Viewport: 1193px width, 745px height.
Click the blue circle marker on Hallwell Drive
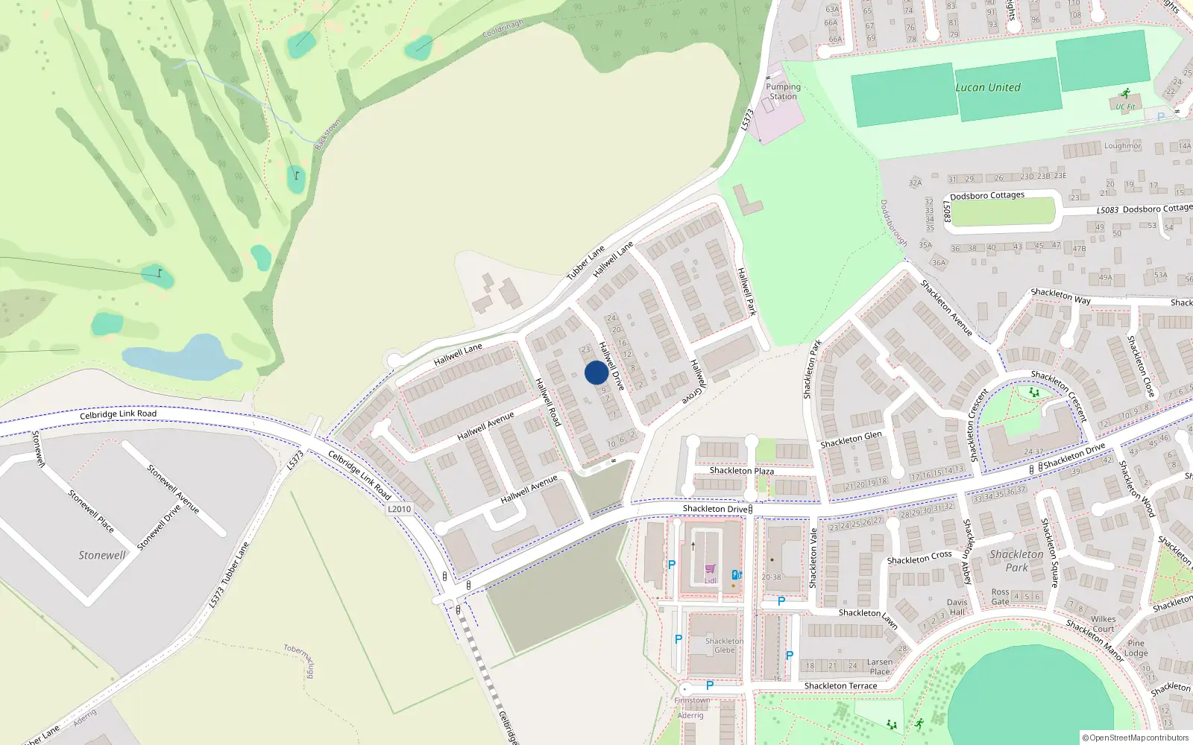(596, 372)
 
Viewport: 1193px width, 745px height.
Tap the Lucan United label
(988, 87)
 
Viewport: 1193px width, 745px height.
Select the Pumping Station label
(783, 92)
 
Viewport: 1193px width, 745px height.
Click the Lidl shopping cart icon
(710, 569)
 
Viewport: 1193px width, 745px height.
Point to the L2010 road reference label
(400, 509)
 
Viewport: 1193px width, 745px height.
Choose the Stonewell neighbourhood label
(102, 555)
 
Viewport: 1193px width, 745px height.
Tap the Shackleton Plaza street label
(741, 471)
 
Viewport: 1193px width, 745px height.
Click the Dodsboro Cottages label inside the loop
(987, 196)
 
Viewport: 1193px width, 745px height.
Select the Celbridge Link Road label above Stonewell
(119, 414)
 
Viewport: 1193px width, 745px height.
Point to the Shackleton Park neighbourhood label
(1016, 560)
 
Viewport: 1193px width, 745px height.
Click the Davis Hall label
(957, 607)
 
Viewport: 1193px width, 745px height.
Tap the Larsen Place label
(880, 666)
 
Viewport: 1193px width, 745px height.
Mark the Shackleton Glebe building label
(724, 645)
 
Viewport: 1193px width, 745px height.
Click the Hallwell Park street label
(746, 291)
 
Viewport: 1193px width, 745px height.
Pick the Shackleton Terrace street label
(840, 686)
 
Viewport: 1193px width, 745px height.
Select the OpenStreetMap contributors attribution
(1135, 738)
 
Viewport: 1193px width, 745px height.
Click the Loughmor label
(1122, 146)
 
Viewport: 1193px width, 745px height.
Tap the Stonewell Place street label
(91, 510)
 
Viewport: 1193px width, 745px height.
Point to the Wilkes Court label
(1104, 624)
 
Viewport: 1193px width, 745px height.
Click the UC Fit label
(1125, 107)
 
